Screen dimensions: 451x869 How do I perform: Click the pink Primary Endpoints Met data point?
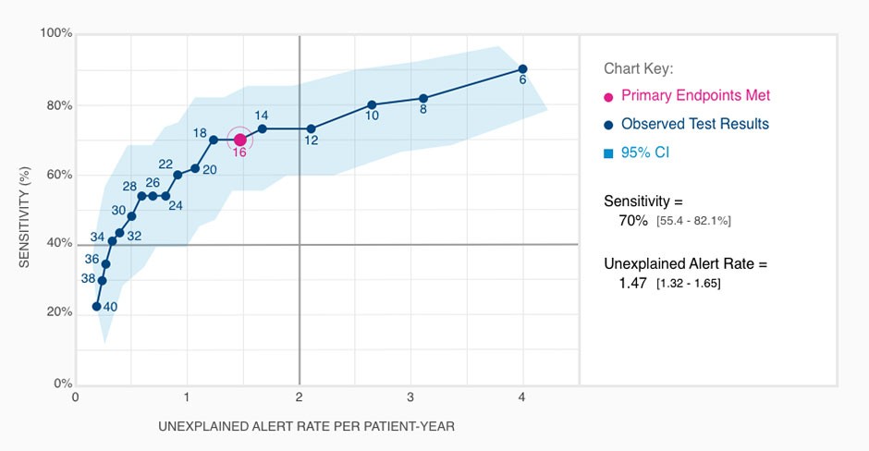(x=239, y=140)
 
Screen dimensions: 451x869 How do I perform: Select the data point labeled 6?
(x=523, y=69)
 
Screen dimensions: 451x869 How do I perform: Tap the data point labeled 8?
(x=423, y=98)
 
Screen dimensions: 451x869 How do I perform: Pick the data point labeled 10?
(x=372, y=104)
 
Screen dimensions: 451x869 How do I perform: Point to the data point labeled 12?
(x=311, y=128)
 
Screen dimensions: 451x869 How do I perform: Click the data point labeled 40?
(x=96, y=306)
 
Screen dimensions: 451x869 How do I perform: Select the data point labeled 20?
(x=195, y=168)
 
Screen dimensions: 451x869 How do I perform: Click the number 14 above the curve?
(x=262, y=116)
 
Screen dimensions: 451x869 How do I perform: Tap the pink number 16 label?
(x=239, y=152)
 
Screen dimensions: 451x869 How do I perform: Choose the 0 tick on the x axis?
(x=76, y=398)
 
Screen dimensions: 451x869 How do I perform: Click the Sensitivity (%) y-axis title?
(x=26, y=208)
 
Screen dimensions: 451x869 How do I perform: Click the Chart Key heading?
(x=639, y=68)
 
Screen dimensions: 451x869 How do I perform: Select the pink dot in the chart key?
(x=608, y=96)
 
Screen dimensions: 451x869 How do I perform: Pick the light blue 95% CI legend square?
(x=608, y=152)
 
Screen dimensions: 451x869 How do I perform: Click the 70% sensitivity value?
(x=633, y=221)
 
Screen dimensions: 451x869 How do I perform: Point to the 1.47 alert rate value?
(x=633, y=283)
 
